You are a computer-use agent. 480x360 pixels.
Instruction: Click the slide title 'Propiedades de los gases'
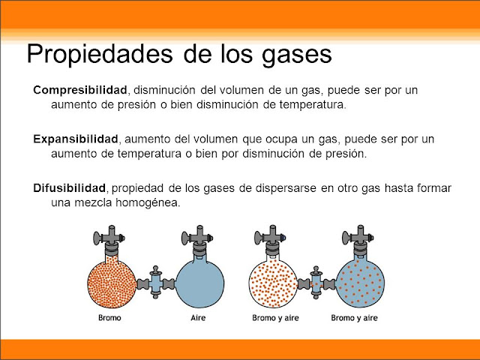(x=178, y=54)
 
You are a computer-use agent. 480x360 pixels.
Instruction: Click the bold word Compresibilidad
(x=80, y=90)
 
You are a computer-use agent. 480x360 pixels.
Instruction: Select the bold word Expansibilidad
(x=76, y=139)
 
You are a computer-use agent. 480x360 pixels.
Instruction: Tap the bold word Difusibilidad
(x=72, y=187)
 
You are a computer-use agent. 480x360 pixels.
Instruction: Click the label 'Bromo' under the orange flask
(x=109, y=318)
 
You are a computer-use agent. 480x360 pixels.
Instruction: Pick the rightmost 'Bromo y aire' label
(x=355, y=318)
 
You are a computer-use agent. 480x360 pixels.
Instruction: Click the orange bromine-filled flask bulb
(x=110, y=283)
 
